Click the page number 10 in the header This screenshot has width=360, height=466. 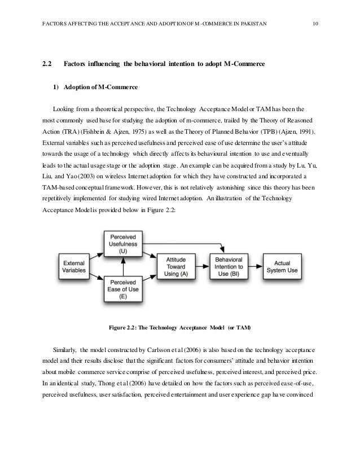[316, 23]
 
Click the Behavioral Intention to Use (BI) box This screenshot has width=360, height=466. [226, 266]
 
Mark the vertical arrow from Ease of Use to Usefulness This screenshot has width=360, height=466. [123, 265]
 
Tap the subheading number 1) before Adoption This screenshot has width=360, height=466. [55, 87]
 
